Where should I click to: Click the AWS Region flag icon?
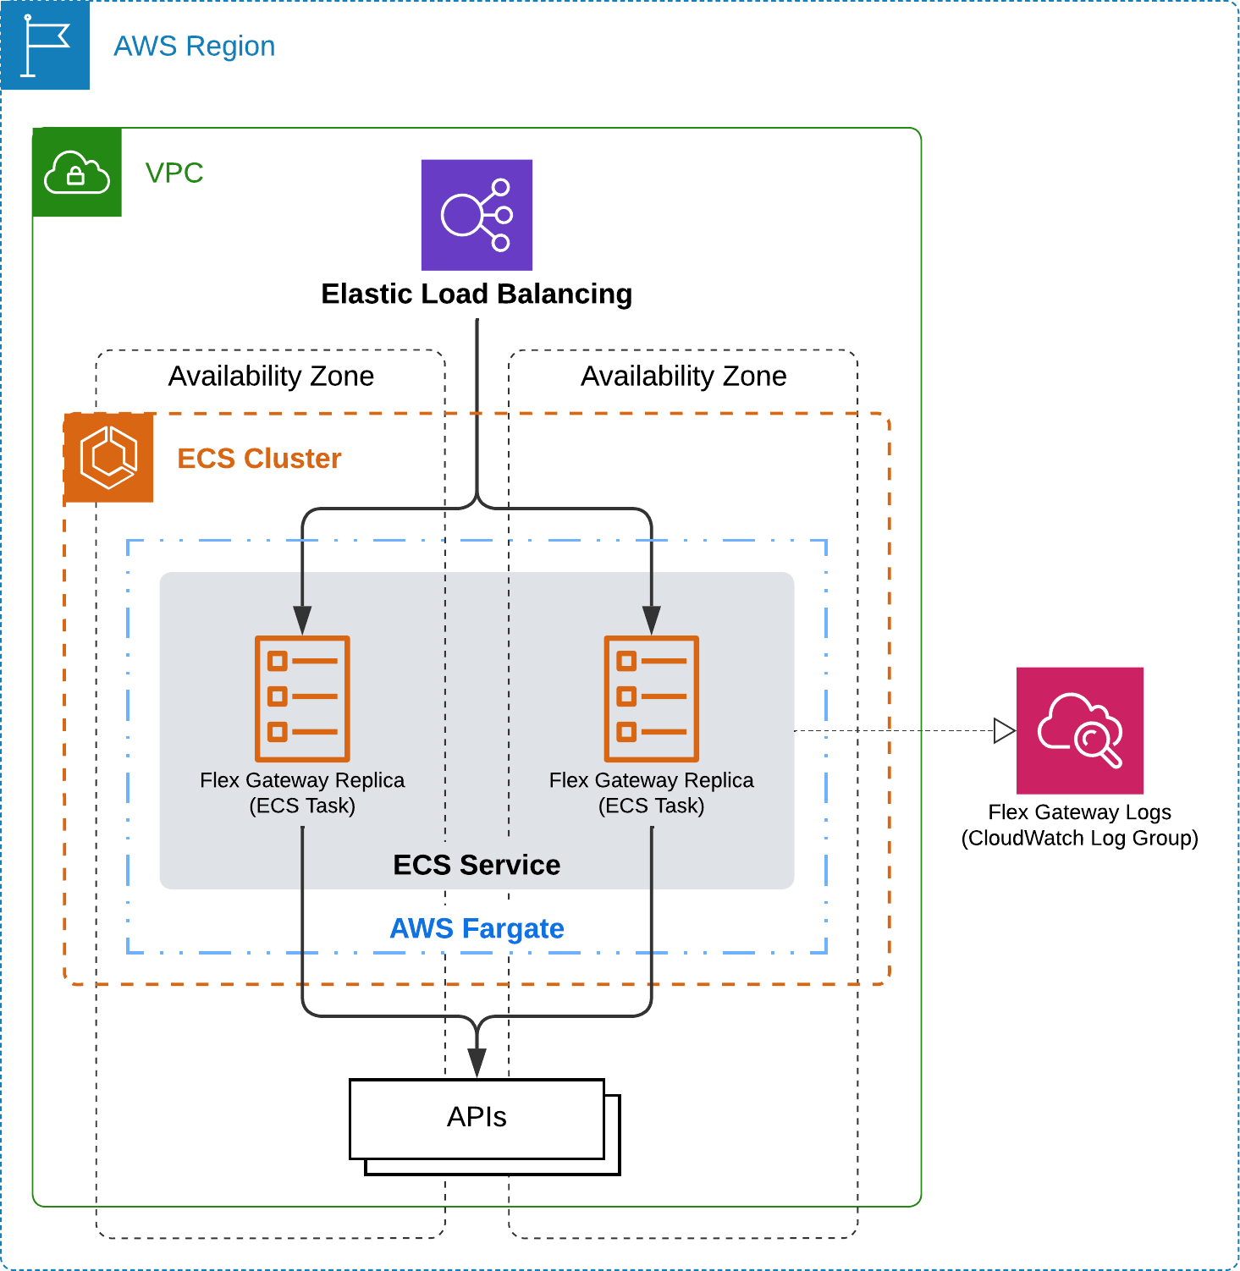[x=46, y=45]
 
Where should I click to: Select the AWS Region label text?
[x=195, y=46]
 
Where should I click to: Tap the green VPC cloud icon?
[x=77, y=173]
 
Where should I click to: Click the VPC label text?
[x=174, y=173]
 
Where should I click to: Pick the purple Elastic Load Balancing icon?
[x=477, y=215]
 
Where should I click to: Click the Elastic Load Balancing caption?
[x=477, y=294]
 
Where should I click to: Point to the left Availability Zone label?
[x=271, y=376]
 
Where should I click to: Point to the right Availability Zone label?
[x=684, y=376]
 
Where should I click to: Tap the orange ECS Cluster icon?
[x=109, y=458]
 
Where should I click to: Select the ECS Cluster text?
[x=259, y=458]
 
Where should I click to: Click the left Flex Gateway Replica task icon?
[x=302, y=699]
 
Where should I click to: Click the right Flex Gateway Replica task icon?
[x=652, y=699]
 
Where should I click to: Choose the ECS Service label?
[x=477, y=865]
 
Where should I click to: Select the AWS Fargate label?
[x=477, y=928]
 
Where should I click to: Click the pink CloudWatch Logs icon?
[x=1080, y=730]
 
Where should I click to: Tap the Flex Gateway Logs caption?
[x=1080, y=825]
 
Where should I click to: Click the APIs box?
[x=477, y=1119]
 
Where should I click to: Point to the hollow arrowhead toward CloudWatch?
[x=1005, y=730]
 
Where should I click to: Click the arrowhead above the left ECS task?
[x=302, y=620]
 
